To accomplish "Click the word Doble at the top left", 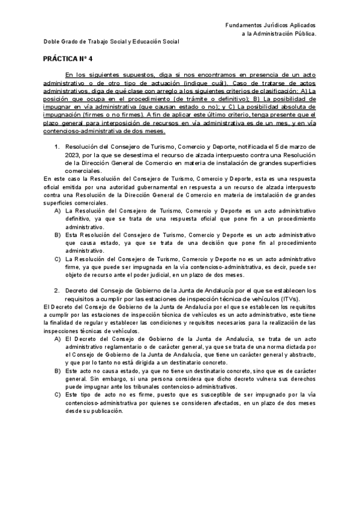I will (x=51, y=41).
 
